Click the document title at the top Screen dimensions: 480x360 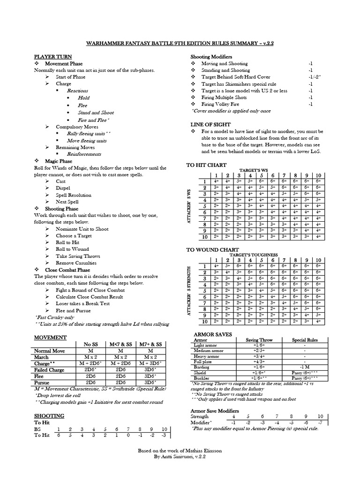tap(180, 43)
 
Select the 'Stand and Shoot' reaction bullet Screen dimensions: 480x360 tap(96, 112)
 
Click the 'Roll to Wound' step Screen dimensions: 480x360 tap(72, 249)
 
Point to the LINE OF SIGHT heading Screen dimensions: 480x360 tap(210, 125)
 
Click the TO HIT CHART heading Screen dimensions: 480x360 tap(206, 165)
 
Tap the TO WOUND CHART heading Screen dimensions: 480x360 tap(212, 250)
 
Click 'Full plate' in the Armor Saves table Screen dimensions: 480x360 tap(203, 361)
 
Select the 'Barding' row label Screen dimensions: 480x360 tap(202, 367)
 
